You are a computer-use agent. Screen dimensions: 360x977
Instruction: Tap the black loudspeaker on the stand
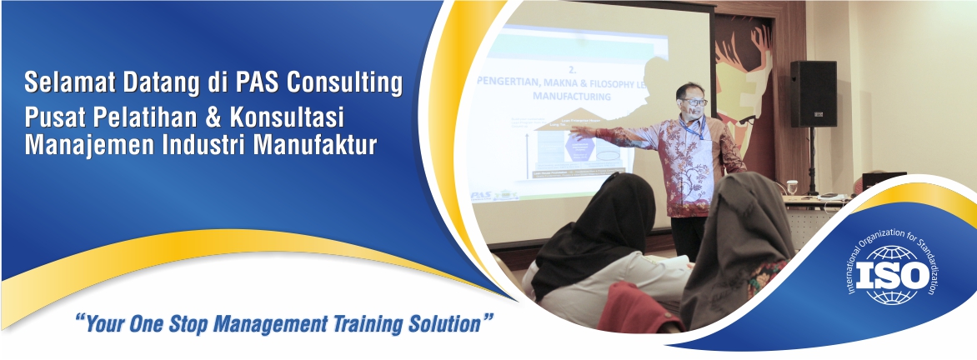pyautogui.click(x=813, y=93)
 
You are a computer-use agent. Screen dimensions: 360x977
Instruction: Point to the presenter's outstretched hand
pyautogui.click(x=583, y=131)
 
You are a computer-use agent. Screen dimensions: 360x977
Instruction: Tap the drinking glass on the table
pyautogui.click(x=789, y=187)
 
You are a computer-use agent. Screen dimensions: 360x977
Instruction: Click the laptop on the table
pyautogui.click(x=884, y=179)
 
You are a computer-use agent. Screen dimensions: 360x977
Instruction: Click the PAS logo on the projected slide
pyautogui.click(x=483, y=195)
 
